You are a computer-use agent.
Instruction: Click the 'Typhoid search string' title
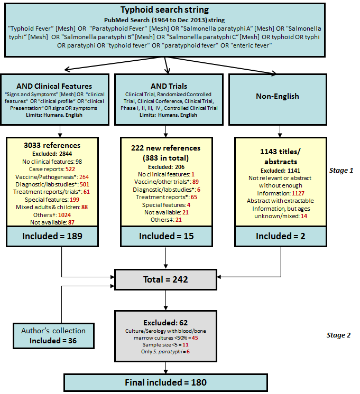pyautogui.click(x=164, y=10)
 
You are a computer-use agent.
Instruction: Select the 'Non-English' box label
pyautogui.click(x=278, y=96)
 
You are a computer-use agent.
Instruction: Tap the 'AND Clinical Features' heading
pyautogui.click(x=54, y=86)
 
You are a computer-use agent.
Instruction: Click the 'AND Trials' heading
pyautogui.click(x=169, y=86)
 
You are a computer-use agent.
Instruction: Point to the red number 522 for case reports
pyautogui.click(x=70, y=169)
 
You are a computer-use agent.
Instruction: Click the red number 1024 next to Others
pyautogui.click(x=64, y=215)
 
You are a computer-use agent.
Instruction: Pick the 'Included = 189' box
pyautogui.click(x=52, y=236)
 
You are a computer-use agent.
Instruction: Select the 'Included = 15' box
pyautogui.click(x=167, y=236)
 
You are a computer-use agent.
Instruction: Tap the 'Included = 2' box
pyautogui.click(x=281, y=236)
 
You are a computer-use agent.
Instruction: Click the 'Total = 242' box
pyautogui.click(x=165, y=280)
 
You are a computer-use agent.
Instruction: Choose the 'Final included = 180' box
pyautogui.click(x=165, y=382)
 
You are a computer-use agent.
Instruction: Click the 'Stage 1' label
pyautogui.click(x=341, y=171)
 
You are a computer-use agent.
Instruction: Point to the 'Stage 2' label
pyautogui.click(x=338, y=335)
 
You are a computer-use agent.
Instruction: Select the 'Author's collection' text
pyautogui.click(x=53, y=331)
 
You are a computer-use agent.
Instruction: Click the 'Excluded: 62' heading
pyautogui.click(x=165, y=323)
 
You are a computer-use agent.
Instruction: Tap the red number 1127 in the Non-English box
pyautogui.click(x=298, y=193)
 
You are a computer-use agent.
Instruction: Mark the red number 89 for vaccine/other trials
pyautogui.click(x=196, y=182)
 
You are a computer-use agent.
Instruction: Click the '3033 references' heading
pyautogui.click(x=52, y=145)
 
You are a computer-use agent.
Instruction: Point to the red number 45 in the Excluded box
pyautogui.click(x=195, y=338)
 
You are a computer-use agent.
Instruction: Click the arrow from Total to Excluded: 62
pyautogui.click(x=165, y=300)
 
